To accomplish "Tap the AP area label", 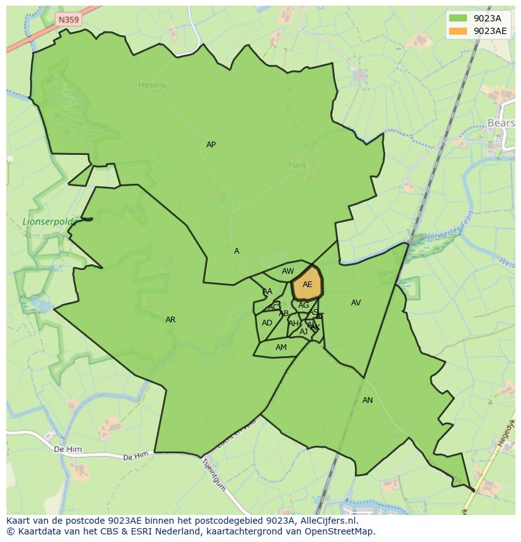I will tap(211, 145).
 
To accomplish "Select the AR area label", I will tap(170, 320).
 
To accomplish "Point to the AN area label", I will tap(367, 400).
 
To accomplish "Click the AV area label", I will tap(356, 303).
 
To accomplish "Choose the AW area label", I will tap(288, 271).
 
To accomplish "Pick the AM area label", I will tap(281, 347).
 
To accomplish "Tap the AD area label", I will tap(267, 323).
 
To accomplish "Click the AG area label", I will tap(303, 305).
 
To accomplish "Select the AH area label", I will tap(293, 324).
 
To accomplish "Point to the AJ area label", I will tap(303, 332).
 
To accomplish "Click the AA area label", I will tap(267, 291).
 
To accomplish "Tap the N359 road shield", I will tap(69, 20).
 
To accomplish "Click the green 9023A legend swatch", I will tap(458, 18).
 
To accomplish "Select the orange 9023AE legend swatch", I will tap(458, 31).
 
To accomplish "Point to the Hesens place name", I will tap(152, 85).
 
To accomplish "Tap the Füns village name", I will tap(297, 165).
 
